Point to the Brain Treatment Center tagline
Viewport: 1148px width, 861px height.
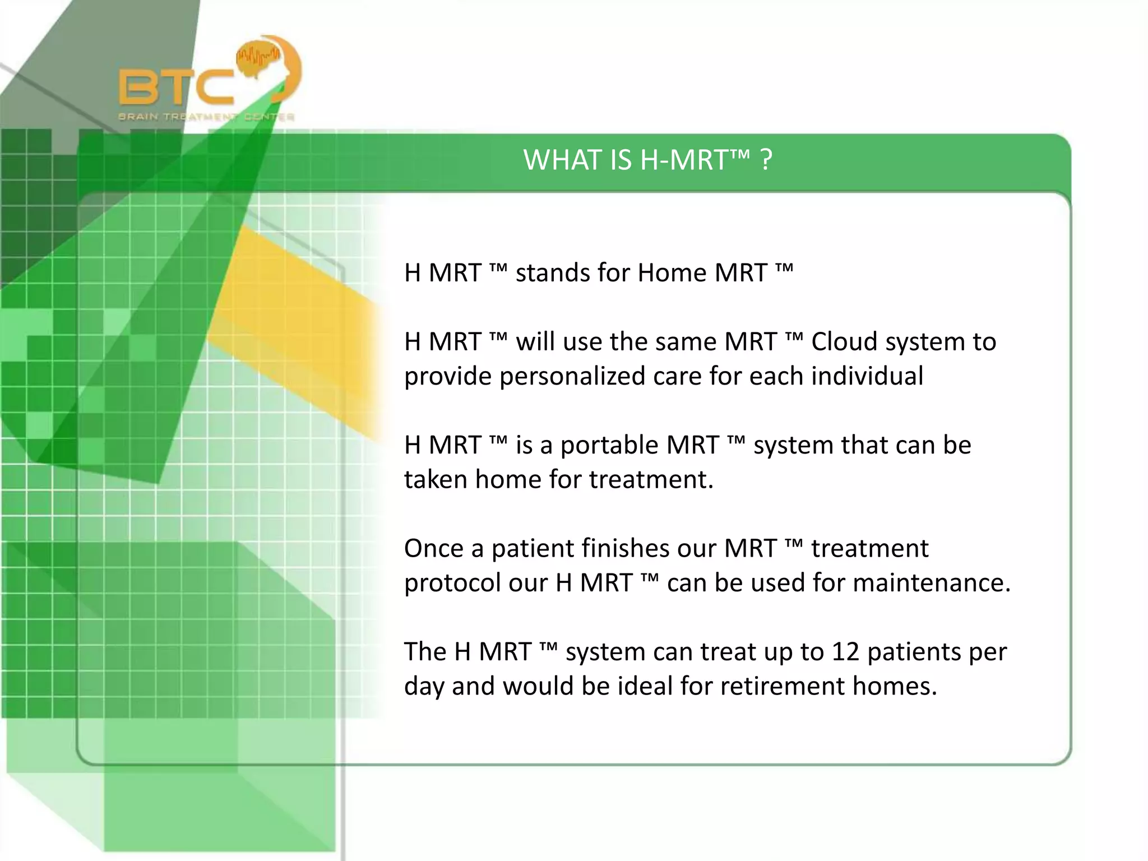pyautogui.click(x=206, y=117)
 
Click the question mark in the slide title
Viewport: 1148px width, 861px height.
pyautogui.click(x=766, y=160)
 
